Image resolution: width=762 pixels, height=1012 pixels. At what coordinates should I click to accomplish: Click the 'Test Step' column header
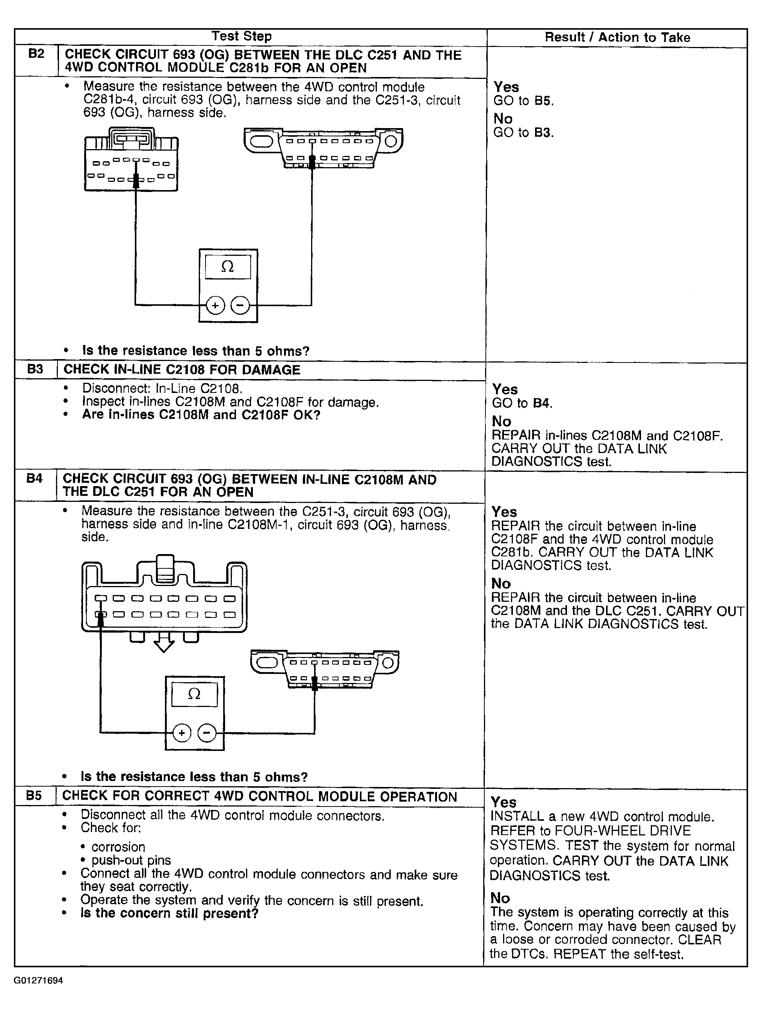242,36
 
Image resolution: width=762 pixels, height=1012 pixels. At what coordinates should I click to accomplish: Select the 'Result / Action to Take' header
617,37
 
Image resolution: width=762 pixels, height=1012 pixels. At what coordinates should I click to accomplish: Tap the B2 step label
36,54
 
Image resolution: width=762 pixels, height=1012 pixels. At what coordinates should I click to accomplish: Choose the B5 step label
34,796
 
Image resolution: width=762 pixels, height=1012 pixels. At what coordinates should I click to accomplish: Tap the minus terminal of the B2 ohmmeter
240,305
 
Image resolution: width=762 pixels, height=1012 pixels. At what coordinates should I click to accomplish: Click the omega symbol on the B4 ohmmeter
194,695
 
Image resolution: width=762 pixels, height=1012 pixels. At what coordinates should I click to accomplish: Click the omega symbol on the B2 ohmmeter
227,267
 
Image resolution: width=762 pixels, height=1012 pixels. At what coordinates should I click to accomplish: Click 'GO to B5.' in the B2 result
523,101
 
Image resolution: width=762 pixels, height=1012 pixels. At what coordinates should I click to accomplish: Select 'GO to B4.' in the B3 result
522,403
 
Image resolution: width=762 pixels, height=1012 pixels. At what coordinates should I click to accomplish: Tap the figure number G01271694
38,980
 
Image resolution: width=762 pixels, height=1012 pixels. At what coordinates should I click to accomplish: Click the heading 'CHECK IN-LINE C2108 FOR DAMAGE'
182,370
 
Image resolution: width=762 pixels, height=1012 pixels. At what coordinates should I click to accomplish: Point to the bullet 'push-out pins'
131,860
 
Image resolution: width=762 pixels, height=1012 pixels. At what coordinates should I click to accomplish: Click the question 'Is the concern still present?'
169,913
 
